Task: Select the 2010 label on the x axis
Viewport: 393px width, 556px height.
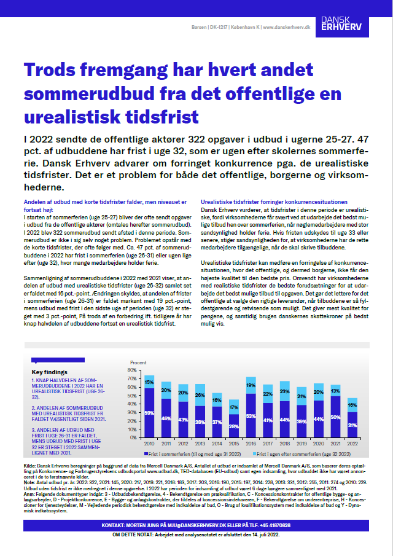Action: point(149,444)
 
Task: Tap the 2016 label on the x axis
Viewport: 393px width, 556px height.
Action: point(251,444)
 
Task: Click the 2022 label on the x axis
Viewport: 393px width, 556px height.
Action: point(352,444)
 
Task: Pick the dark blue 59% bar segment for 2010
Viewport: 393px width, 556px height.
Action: point(149,412)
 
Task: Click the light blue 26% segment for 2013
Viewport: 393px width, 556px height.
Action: point(200,394)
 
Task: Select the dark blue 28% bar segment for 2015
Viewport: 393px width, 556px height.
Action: point(234,425)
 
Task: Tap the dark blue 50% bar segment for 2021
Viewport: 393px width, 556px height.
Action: point(335,416)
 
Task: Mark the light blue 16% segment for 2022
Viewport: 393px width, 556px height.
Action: point(352,404)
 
